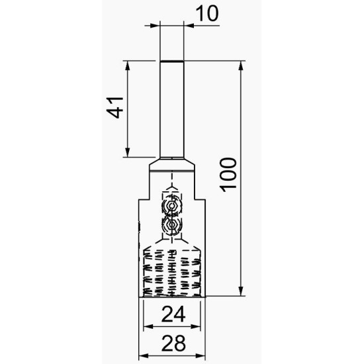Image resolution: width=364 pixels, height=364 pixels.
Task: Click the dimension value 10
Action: coord(207,13)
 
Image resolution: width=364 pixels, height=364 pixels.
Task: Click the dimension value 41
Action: coord(115,107)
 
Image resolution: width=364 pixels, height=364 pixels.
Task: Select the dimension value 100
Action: coord(228,175)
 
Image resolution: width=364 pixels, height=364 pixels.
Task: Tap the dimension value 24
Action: coord(173,314)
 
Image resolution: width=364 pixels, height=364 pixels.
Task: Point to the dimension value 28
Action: coord(173,343)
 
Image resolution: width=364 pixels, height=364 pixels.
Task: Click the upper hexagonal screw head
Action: coord(172,206)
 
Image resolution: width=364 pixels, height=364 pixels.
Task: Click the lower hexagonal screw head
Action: coord(172,224)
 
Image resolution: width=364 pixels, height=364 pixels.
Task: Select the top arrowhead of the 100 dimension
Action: coord(241,66)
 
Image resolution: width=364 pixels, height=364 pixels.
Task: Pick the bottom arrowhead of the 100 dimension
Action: coord(241,291)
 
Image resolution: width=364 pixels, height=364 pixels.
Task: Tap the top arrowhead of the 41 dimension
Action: coord(127,66)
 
